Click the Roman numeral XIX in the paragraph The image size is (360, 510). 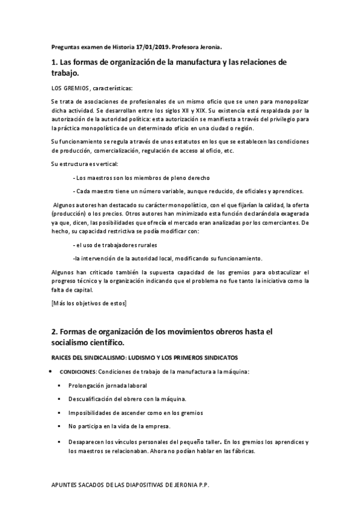click(x=184, y=111)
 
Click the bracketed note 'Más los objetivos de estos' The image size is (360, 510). click(x=90, y=303)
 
